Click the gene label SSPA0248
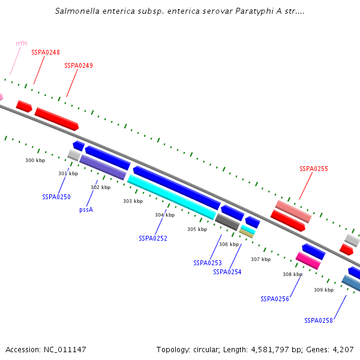click(x=46, y=53)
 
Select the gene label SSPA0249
click(x=79, y=65)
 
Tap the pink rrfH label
click(x=21, y=43)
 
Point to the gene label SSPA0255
click(x=314, y=169)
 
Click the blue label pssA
click(x=86, y=210)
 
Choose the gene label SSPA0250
click(x=56, y=197)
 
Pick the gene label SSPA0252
click(x=153, y=238)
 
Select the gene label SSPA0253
click(x=208, y=263)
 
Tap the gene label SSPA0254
click(x=227, y=272)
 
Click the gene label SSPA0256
click(x=275, y=299)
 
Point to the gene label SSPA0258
click(x=319, y=320)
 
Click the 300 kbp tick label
click(x=35, y=161)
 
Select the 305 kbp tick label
click(x=197, y=230)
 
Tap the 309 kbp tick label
click(x=323, y=290)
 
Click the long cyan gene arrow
click(x=172, y=196)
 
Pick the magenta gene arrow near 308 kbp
click(x=308, y=260)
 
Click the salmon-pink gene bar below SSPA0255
click(x=293, y=211)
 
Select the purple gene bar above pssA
click(x=103, y=167)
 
